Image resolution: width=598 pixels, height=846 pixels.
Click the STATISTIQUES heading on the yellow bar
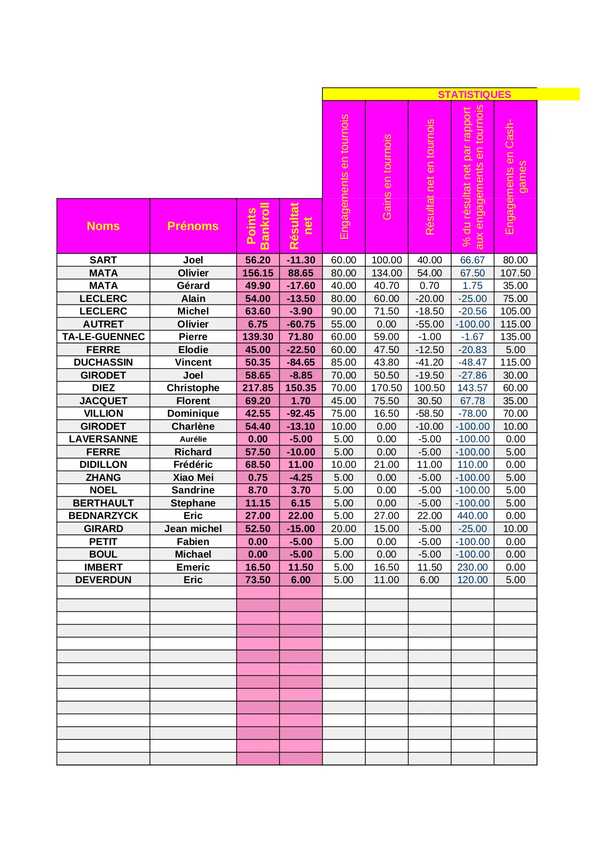point(474,95)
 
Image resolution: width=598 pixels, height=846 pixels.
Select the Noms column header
point(103,226)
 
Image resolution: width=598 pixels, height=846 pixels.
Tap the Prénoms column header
point(193,226)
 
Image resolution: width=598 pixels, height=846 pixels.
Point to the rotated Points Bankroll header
point(258,226)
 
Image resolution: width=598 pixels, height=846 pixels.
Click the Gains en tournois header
point(387,177)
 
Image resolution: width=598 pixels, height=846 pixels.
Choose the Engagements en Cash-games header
point(516,177)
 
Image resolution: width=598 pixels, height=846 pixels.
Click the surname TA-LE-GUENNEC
point(103,337)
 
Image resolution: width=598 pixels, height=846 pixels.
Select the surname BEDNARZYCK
point(103,516)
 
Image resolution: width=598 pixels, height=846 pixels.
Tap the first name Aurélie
point(193,439)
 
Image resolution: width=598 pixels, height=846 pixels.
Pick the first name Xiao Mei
point(193,478)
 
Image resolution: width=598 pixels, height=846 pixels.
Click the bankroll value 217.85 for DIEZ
point(258,388)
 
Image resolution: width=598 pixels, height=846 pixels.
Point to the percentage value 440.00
point(472,516)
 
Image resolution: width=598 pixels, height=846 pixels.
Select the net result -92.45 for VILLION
point(301,413)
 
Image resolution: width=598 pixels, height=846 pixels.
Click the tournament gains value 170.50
point(386,388)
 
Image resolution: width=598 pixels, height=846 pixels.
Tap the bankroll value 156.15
point(258,273)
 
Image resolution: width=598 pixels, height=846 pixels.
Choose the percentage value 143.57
point(472,388)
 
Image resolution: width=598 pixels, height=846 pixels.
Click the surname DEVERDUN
point(103,580)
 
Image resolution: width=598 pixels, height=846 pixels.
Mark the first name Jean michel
point(193,529)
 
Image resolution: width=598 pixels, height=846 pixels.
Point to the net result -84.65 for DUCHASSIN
point(301,362)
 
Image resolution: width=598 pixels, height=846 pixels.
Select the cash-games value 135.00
point(516,337)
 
